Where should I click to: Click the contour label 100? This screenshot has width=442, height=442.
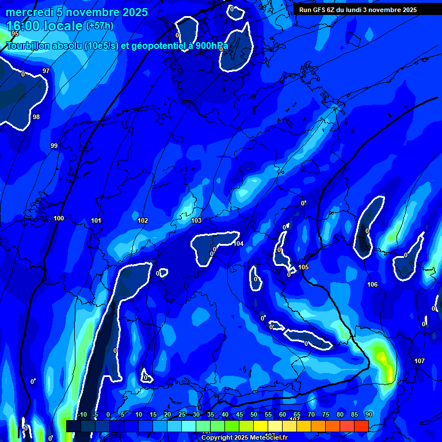pyautogui.click(x=59, y=218)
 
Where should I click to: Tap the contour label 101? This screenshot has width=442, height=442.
pyautogui.click(x=96, y=220)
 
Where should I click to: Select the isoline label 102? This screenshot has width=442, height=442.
pyautogui.click(x=143, y=220)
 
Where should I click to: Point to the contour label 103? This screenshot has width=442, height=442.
pyautogui.click(x=196, y=220)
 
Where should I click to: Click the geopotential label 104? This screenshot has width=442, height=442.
pyautogui.click(x=238, y=243)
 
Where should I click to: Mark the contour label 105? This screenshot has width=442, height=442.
pyautogui.click(x=303, y=268)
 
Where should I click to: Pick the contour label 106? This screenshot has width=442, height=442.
pyautogui.click(x=372, y=284)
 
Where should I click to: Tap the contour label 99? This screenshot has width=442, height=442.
pyautogui.click(x=54, y=146)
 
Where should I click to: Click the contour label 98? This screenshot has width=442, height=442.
pyautogui.click(x=36, y=117)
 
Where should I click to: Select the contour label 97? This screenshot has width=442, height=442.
pyautogui.click(x=46, y=71)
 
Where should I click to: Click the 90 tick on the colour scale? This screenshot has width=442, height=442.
pyautogui.click(x=368, y=414)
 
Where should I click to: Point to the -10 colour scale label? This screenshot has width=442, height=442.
pyautogui.click(x=82, y=414)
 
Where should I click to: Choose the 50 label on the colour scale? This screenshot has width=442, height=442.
pyautogui.click(x=253, y=414)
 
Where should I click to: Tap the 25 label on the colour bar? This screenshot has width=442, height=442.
pyautogui.click(x=182, y=414)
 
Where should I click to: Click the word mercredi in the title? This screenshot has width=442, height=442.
pyautogui.click(x=30, y=12)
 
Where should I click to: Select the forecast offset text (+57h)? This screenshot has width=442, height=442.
pyautogui.click(x=100, y=26)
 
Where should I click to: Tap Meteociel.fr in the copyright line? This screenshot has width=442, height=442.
pyautogui.click(x=265, y=438)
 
